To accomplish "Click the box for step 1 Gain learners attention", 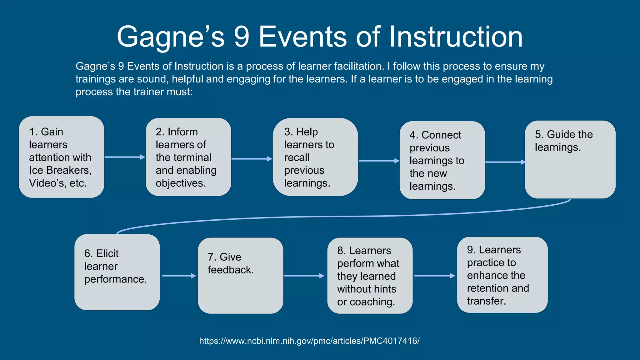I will [62, 157].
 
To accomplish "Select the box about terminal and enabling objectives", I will [188, 157].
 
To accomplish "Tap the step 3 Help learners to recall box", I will [315, 157].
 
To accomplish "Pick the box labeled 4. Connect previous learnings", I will [442, 160].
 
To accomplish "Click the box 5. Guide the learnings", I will [570, 159].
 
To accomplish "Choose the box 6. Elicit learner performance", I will [117, 272].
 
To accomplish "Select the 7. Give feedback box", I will [241, 276].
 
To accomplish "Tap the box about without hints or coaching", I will [370, 276].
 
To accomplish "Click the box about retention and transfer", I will [502, 275].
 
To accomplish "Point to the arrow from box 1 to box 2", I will [125, 157].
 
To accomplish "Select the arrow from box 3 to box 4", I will [379, 161].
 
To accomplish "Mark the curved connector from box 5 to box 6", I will [344, 216].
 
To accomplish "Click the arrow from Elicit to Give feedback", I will [179, 276].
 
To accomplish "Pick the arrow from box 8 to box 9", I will [434, 276].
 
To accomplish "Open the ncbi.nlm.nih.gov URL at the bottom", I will [309, 341].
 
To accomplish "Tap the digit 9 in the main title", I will [242, 37].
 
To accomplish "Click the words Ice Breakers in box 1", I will [60, 170].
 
